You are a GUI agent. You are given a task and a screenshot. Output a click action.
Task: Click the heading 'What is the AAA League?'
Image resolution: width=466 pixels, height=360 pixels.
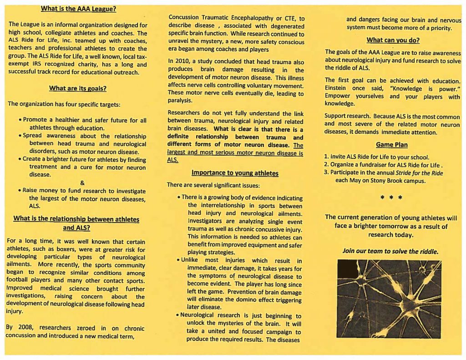78,9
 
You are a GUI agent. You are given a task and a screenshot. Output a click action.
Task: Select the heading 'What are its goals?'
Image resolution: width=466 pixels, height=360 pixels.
77,88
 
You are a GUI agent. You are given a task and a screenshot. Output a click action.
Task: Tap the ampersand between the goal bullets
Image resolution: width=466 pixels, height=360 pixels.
82,183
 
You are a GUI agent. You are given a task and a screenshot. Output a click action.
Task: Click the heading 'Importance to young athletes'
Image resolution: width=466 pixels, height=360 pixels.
235,173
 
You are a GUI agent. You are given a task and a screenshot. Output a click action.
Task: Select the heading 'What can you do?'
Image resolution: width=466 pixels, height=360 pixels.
393,40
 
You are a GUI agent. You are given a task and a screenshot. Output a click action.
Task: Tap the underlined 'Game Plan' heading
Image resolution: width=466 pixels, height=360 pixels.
392,145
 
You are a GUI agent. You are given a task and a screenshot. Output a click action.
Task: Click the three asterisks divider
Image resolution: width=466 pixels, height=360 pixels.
392,198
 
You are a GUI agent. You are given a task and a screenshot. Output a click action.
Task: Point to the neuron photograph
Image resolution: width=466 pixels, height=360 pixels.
389,298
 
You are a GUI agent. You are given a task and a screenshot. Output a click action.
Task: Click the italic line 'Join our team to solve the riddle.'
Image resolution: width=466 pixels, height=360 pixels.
390,251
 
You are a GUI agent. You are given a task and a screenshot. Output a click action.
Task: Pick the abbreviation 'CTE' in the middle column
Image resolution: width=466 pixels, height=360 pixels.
289,19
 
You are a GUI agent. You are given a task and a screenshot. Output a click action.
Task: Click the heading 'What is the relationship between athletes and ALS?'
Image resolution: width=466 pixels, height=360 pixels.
76,223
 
